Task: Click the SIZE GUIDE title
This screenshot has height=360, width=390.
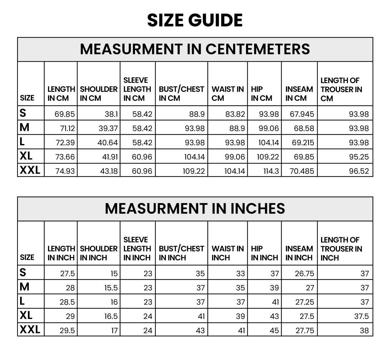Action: [x=195, y=20]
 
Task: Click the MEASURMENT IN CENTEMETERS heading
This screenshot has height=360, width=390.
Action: [x=195, y=49]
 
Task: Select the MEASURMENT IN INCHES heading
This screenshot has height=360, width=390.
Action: [x=195, y=208]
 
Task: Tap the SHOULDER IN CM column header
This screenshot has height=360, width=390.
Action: [x=99, y=94]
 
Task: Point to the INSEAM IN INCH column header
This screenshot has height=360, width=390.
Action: [x=299, y=253]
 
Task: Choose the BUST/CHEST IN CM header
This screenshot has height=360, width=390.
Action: [x=181, y=94]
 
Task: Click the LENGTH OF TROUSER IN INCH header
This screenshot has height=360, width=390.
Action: [x=341, y=249]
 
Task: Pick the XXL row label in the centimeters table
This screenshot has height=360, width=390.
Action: [x=30, y=170]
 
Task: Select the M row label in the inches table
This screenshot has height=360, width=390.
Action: [x=25, y=287]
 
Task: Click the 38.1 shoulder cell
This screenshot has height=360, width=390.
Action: [x=111, y=114]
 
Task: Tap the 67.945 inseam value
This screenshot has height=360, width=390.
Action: [x=302, y=114]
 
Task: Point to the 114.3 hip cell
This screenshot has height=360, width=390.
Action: [x=271, y=171]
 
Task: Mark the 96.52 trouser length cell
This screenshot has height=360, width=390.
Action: [x=359, y=171]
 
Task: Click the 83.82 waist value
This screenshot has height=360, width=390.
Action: [x=235, y=114]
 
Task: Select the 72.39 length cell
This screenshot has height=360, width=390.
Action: [x=65, y=142]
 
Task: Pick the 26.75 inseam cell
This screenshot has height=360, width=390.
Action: [x=304, y=273]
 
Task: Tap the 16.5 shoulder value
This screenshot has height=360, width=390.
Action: [x=111, y=316]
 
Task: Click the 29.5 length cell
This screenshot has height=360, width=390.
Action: [x=67, y=330]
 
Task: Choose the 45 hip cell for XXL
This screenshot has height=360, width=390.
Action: [x=274, y=330]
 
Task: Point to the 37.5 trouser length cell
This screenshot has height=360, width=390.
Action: [x=361, y=316]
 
